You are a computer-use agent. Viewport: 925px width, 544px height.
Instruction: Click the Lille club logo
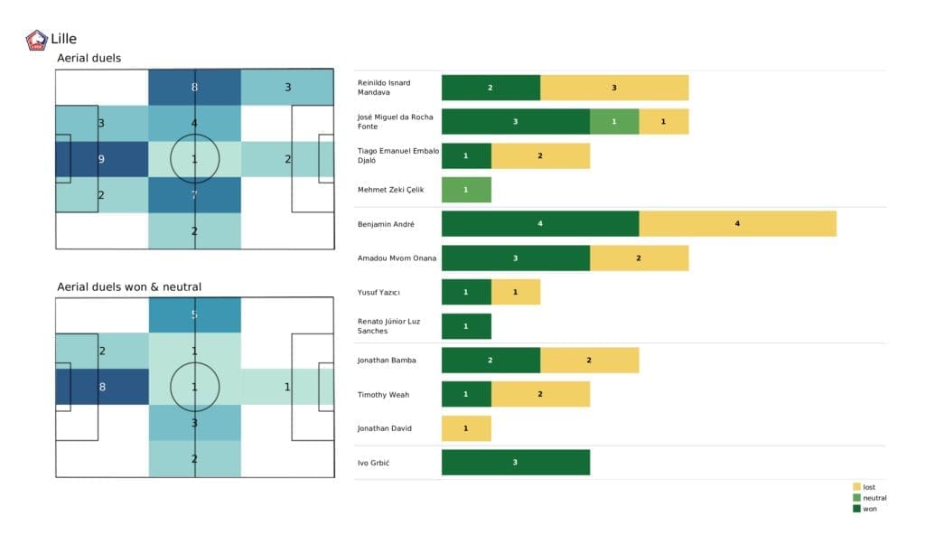37,40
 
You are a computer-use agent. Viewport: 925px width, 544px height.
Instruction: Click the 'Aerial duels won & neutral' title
129,286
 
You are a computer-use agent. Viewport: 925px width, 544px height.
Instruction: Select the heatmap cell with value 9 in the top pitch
101,159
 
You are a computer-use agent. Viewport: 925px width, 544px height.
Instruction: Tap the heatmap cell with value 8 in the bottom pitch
101,387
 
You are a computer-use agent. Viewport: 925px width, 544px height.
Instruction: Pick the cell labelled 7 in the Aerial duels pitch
194,194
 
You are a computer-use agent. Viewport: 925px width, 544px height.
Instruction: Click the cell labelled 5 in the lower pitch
194,315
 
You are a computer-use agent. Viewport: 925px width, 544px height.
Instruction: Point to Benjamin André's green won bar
539,223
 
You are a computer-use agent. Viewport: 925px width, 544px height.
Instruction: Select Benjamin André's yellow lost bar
737,223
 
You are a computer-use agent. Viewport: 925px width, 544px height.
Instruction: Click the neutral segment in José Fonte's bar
614,121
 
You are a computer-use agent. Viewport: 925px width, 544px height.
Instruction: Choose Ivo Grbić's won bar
515,463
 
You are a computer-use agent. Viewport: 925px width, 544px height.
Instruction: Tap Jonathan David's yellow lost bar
466,428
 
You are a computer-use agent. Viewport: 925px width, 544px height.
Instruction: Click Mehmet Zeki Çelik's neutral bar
466,190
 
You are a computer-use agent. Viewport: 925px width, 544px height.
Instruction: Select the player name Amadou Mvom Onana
397,258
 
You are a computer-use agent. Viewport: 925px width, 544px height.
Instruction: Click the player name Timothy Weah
385,394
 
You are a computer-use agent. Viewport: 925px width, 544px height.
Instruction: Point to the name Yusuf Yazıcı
379,292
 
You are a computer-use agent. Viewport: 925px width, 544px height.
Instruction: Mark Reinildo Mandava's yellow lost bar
614,88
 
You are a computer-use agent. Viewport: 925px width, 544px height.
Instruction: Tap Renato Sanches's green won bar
466,326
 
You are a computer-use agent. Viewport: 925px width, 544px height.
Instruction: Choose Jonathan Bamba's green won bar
491,360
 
